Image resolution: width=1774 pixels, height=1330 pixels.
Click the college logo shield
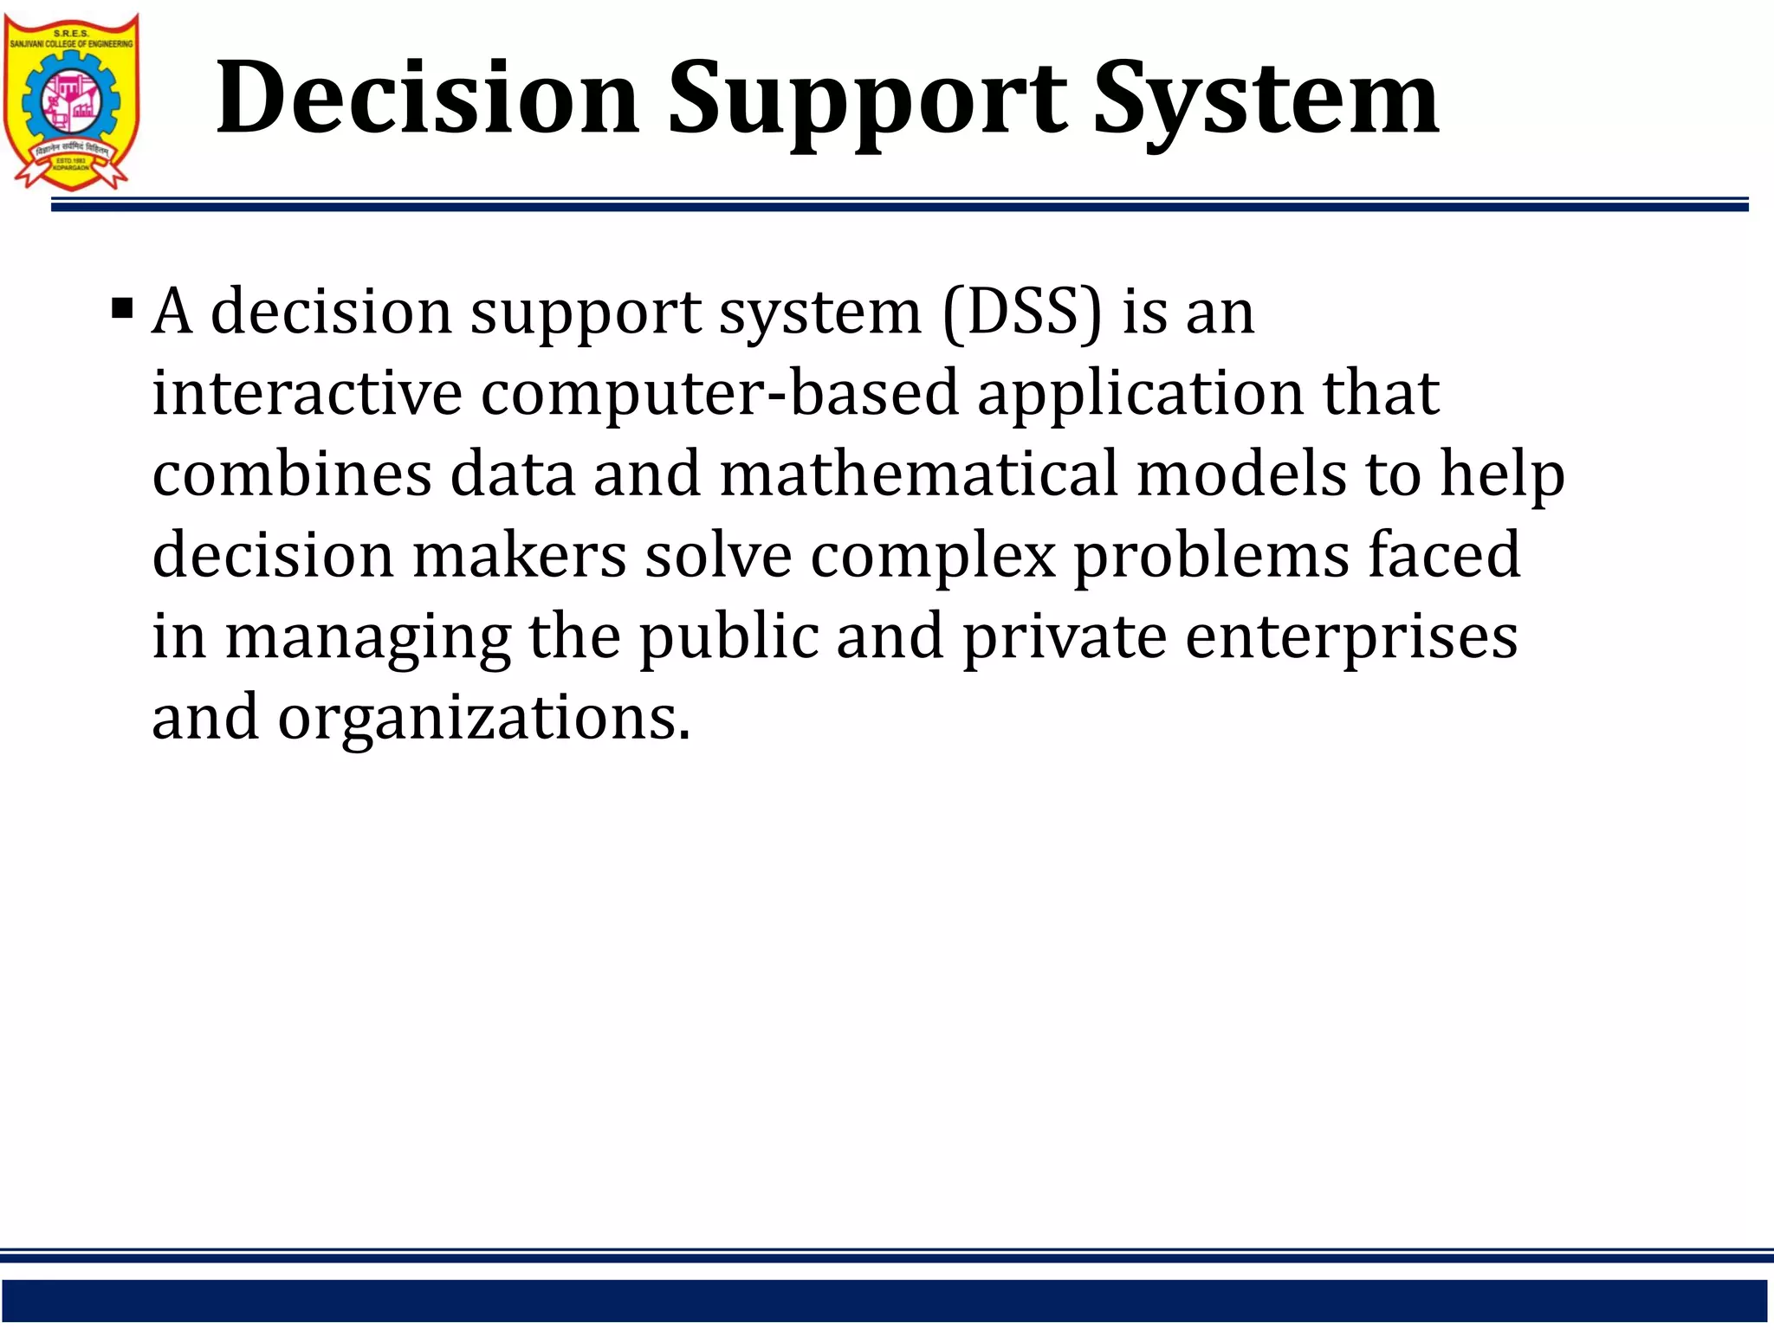click(x=72, y=100)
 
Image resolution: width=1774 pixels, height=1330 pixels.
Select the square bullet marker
click(x=122, y=309)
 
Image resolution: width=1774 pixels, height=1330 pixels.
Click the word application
click(x=1140, y=394)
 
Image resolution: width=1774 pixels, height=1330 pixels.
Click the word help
click(x=1502, y=475)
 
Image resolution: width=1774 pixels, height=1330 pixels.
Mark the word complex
click(x=933, y=556)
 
